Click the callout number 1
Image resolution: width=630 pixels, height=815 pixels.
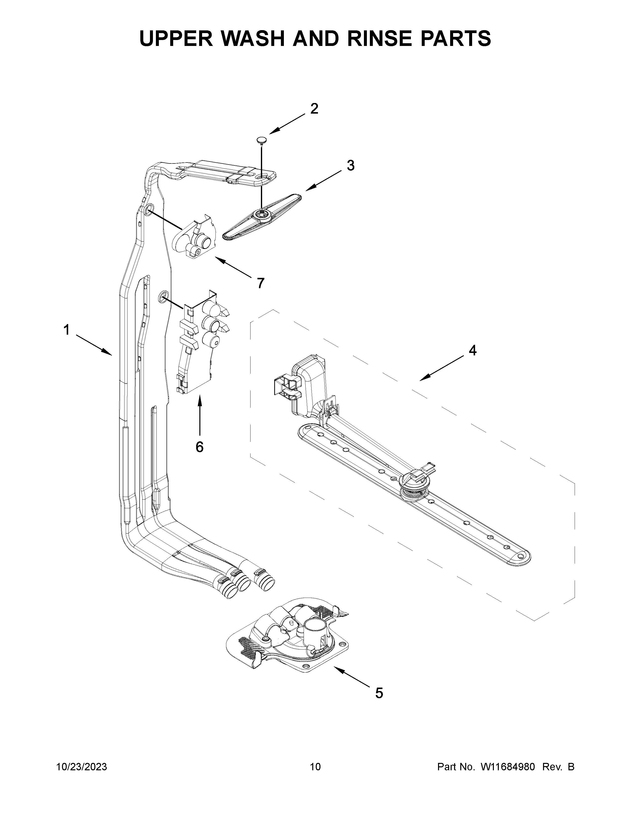click(66, 330)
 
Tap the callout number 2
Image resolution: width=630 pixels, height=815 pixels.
click(314, 109)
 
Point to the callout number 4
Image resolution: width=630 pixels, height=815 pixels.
click(472, 350)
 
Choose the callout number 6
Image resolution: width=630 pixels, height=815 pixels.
click(200, 447)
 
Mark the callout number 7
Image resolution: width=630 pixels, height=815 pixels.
click(260, 283)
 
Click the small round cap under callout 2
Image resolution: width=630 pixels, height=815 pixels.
click(261, 140)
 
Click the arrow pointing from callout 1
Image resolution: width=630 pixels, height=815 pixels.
click(94, 345)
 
